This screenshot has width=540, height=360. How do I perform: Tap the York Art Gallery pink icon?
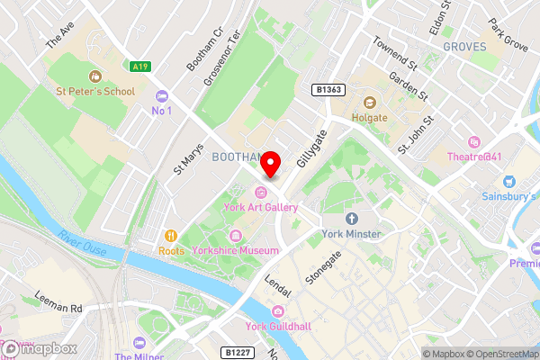(261, 192)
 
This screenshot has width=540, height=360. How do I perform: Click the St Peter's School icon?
(95, 76)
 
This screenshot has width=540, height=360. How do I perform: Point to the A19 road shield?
(139, 66)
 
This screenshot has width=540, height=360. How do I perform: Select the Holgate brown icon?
(369, 101)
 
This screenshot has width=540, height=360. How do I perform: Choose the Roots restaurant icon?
(171, 236)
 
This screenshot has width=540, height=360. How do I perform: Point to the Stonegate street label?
(323, 268)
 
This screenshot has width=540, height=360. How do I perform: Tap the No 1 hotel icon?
(162, 96)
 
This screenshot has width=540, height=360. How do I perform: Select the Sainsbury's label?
(507, 195)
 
